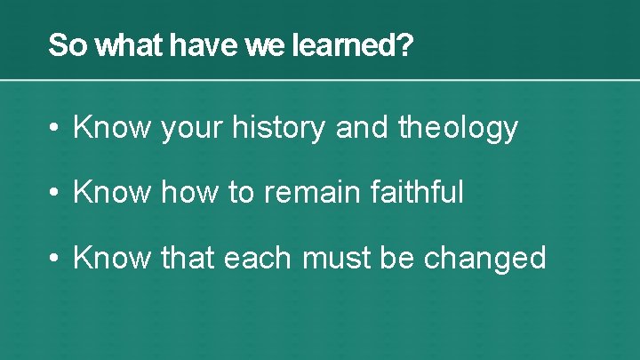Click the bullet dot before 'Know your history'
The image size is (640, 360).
click(x=55, y=129)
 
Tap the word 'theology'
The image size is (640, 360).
click(x=458, y=129)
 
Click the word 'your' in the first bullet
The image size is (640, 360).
click(x=192, y=129)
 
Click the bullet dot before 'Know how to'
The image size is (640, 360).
click(x=55, y=193)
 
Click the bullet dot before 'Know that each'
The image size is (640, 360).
click(x=55, y=258)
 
